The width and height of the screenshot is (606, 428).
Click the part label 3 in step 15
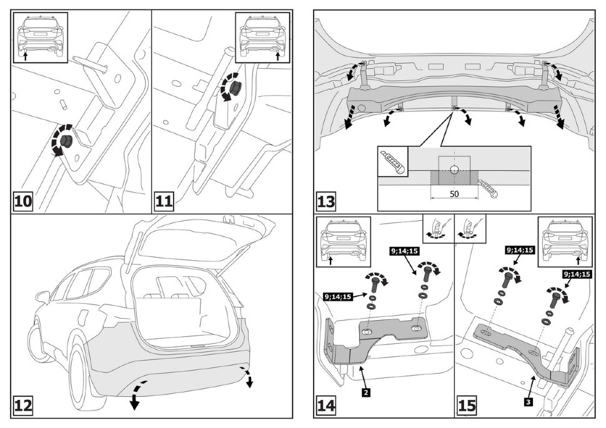(529, 402)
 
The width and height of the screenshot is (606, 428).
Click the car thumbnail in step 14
(343, 240)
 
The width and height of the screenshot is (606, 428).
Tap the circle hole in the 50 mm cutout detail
(454, 168)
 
